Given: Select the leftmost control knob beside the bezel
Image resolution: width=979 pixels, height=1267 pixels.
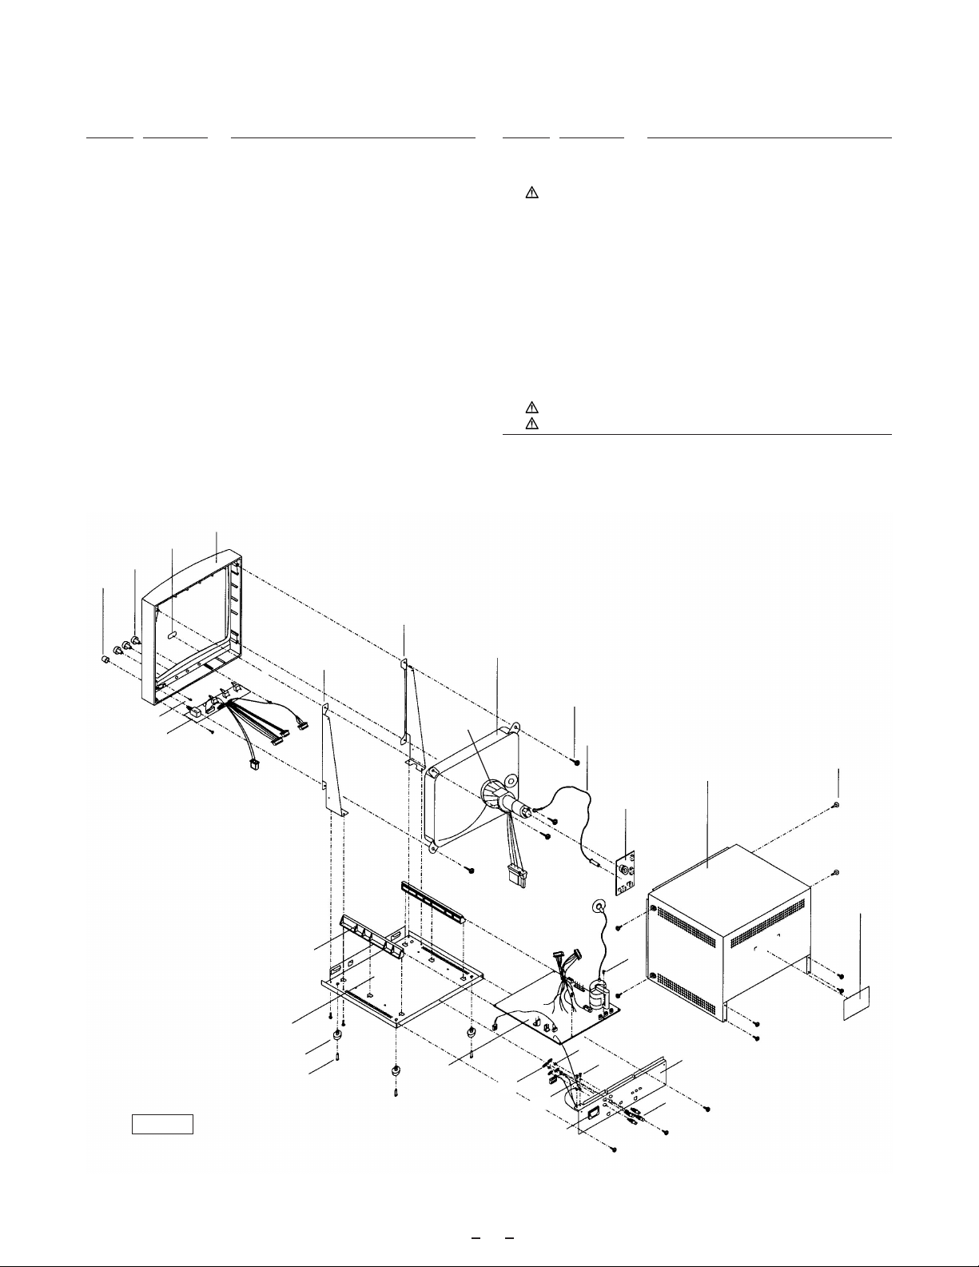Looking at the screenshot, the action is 104,659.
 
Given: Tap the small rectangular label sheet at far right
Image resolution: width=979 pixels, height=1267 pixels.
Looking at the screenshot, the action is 858,1003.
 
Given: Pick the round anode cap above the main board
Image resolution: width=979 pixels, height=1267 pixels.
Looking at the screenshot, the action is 597,907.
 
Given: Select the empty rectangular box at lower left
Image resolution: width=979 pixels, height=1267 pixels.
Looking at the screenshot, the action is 163,1123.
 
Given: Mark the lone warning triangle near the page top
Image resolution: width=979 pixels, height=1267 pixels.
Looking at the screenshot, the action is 533,193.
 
